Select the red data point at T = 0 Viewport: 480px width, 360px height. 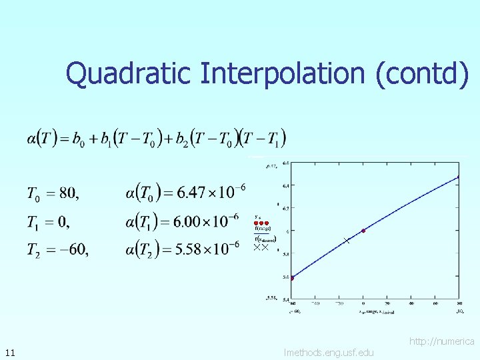click(363, 231)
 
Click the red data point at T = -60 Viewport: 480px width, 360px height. click(291, 278)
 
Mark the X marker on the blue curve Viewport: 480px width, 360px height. click(346, 240)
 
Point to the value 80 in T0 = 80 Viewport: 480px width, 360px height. click(68, 194)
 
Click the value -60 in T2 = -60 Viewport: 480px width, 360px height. click(73, 250)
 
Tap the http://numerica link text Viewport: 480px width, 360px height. click(441, 341)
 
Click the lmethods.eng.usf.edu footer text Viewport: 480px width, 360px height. click(328, 352)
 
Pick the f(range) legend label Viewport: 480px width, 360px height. click(263, 229)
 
